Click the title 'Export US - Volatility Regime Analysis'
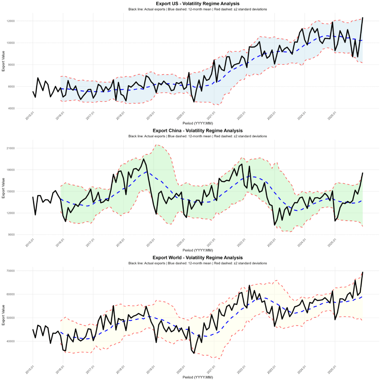198,3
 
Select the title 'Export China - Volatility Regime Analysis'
198,131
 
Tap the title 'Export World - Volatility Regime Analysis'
198,257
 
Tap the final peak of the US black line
362,17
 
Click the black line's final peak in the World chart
362,272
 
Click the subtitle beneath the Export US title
198,9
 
